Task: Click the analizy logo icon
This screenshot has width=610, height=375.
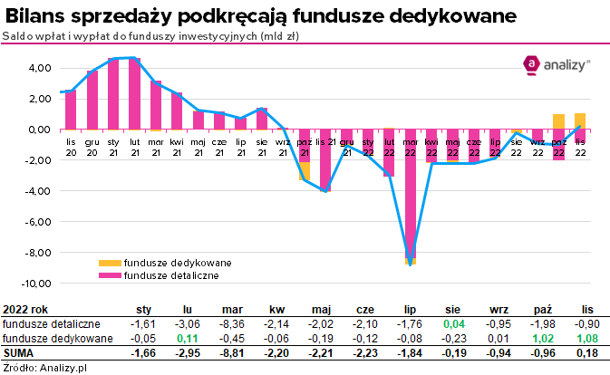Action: [x=531, y=63]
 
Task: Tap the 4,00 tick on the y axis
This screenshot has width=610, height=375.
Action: [x=38, y=68]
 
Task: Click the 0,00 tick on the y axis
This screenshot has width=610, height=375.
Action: [x=38, y=130]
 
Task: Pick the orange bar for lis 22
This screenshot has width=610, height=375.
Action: [x=580, y=121]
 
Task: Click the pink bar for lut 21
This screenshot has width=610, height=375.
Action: [x=134, y=93]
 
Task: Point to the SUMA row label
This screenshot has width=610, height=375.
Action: [x=20, y=352]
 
